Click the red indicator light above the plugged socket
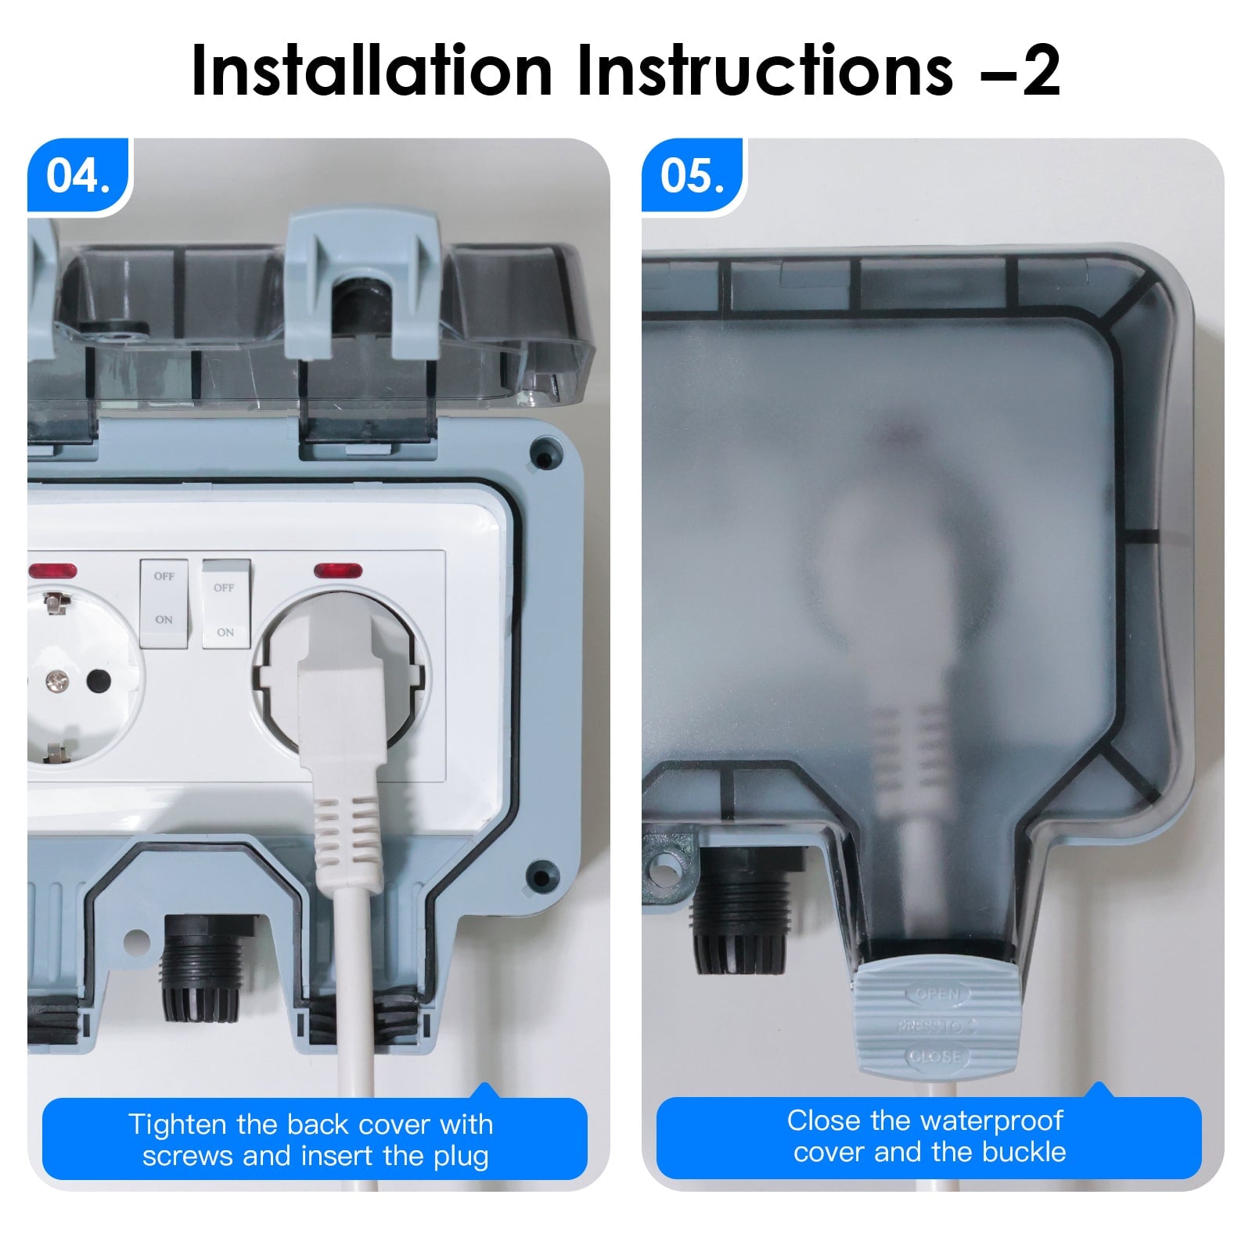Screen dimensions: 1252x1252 pos(338,570)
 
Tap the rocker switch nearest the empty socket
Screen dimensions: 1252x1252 pos(164,603)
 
